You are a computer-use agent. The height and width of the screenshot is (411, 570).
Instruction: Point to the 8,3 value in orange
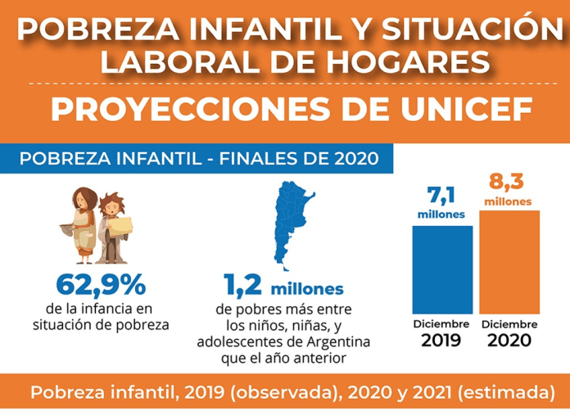(x=508, y=180)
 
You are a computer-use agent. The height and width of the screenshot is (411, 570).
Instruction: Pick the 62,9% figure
(x=101, y=285)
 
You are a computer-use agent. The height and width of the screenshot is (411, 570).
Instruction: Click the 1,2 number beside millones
(x=243, y=286)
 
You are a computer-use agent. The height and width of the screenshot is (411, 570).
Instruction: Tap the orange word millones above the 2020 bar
(x=508, y=201)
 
